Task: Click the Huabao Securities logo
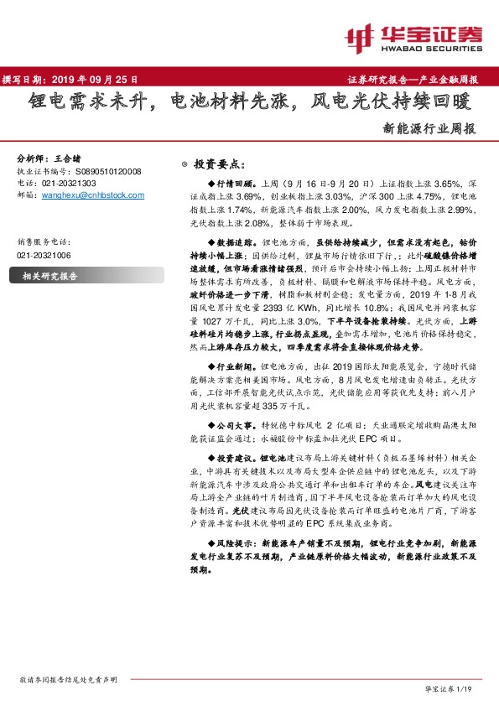point(416,36)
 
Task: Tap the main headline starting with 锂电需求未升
point(249,104)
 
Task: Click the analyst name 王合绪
point(71,158)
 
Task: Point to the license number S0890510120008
point(103,170)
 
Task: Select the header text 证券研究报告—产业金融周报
point(412,80)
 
